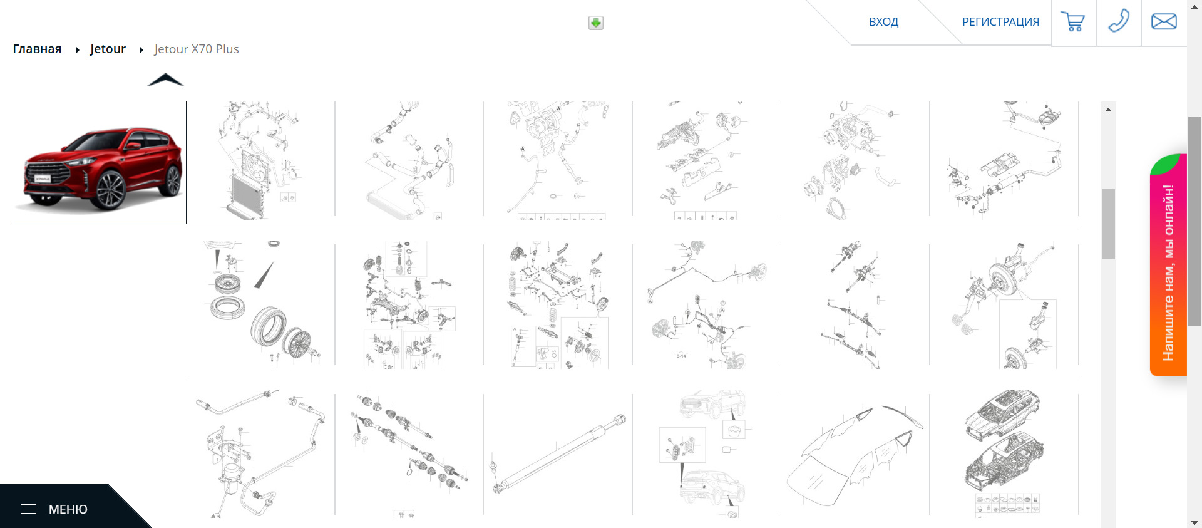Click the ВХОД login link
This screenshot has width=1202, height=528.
883,22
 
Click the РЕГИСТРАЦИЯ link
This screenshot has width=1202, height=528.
1000,22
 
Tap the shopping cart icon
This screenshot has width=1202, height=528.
1073,22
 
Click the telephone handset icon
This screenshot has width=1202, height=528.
1119,21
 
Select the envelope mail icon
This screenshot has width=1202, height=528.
1164,22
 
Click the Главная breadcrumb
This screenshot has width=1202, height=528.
37,49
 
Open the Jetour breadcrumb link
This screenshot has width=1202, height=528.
108,49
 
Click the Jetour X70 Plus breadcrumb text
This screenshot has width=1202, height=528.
197,49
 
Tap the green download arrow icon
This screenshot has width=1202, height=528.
596,23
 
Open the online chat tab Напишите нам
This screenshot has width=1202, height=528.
1168,265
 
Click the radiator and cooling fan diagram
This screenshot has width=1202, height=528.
260,160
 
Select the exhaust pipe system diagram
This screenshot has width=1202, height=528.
1004,160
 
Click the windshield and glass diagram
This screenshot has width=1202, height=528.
855,454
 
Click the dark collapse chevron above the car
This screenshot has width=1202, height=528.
165,80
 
